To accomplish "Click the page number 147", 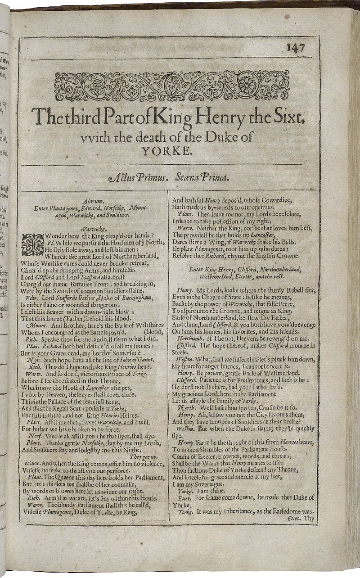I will click(295, 48).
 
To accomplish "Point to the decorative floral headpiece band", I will click(171, 86).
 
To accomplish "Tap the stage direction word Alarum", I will click(94, 202).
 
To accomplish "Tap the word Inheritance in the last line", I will click(234, 511).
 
